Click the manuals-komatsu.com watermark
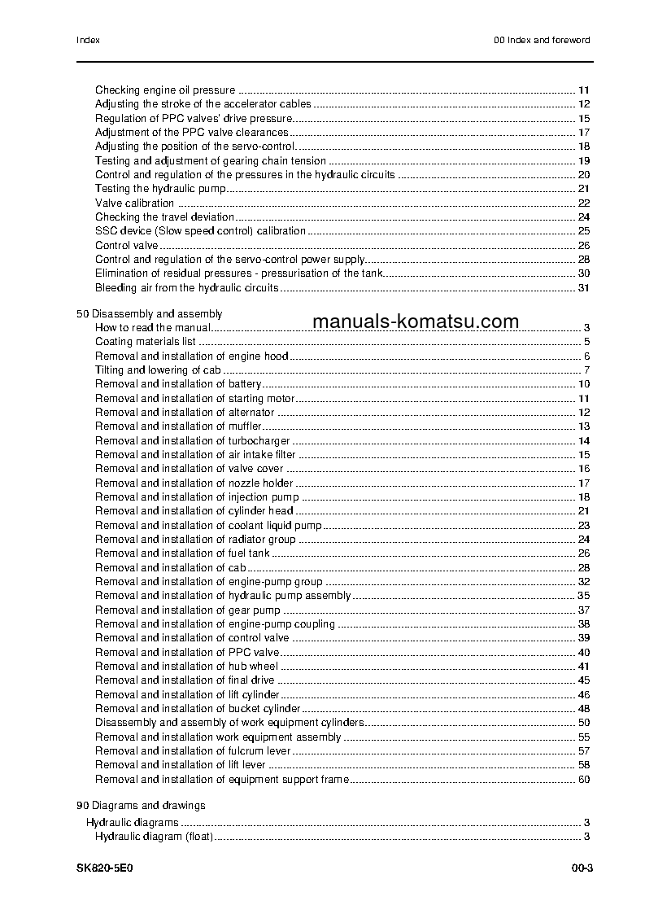415,321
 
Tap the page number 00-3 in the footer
582,868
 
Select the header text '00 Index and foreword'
542,40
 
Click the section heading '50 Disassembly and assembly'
149,313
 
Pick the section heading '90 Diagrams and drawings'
141,806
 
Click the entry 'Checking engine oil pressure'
165,90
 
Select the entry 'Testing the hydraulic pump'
159,189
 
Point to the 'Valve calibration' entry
134,203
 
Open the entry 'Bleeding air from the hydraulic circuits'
186,288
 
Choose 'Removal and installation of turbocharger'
192,441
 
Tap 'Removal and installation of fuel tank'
182,553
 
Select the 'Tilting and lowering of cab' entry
158,370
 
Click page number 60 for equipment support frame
583,780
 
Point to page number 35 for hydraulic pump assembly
583,596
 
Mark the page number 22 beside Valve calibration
583,203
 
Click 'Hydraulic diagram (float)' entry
154,837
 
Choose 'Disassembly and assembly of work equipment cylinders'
229,723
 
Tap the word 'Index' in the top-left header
88,40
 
